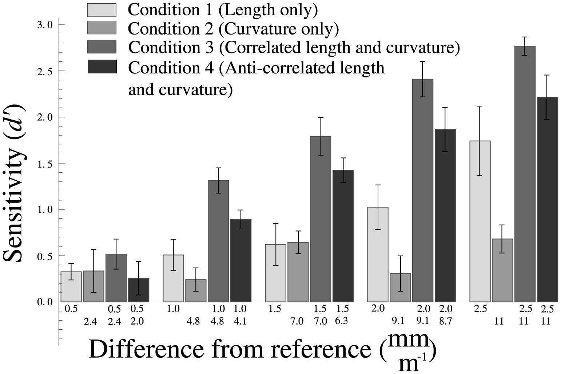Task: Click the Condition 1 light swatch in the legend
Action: [x=102, y=10]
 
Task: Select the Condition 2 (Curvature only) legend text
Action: [x=233, y=29]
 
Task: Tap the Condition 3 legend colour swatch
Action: [x=102, y=47]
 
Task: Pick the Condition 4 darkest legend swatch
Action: [x=102, y=67]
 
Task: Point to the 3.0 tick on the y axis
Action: [x=45, y=25]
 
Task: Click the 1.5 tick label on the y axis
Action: [x=45, y=164]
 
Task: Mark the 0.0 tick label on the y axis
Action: [x=45, y=302]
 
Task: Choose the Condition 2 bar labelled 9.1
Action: [x=400, y=287]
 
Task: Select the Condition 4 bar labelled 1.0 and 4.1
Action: [x=240, y=260]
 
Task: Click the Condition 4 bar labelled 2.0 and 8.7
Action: [x=445, y=215]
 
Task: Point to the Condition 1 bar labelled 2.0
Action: [x=378, y=254]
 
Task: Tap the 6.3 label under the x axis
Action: [x=342, y=321]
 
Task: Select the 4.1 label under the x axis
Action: [x=240, y=321]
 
